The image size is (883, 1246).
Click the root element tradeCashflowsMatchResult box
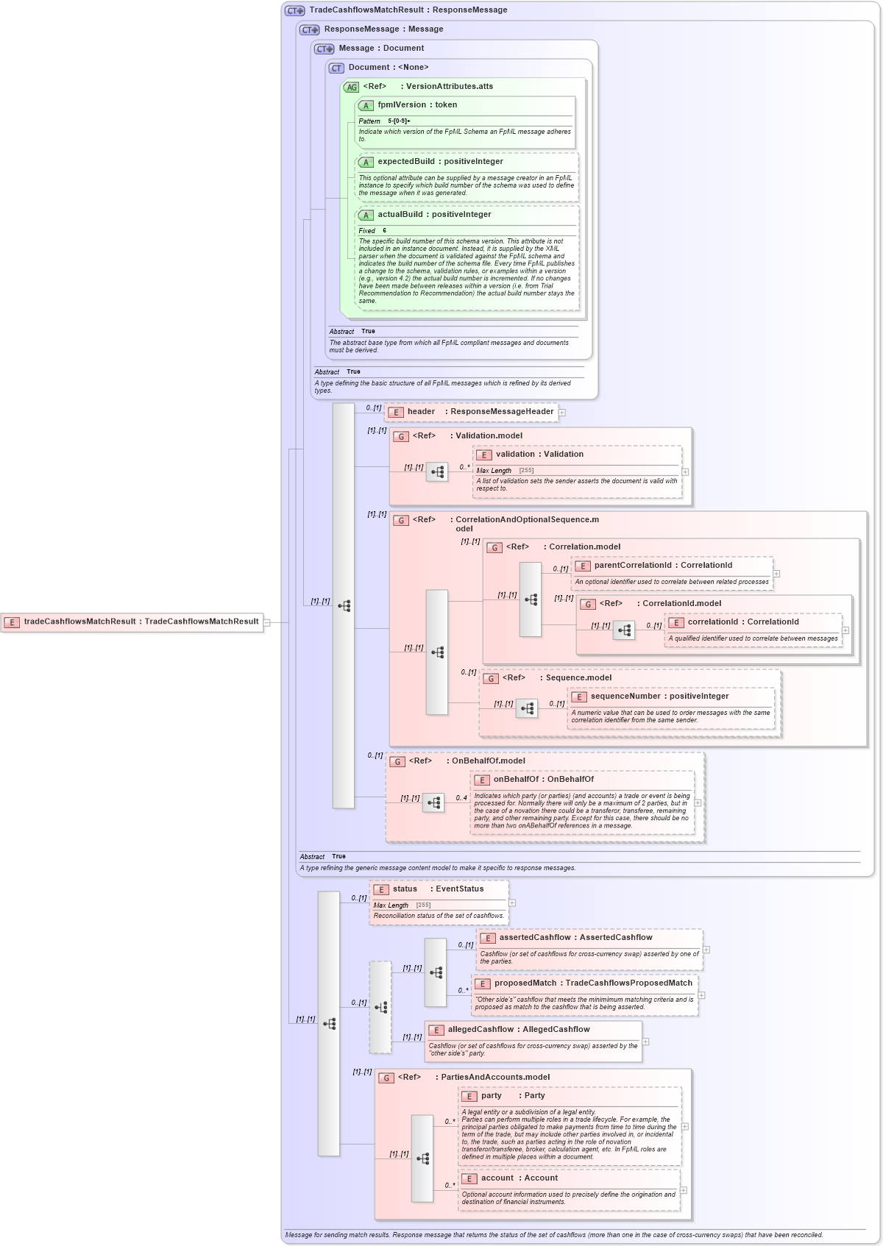132,622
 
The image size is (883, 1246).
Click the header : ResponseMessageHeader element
472,412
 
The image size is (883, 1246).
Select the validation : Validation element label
539,455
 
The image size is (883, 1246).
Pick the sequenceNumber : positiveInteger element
659,697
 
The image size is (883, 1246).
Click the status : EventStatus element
438,889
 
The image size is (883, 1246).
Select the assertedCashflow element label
575,938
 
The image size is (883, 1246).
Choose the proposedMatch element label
593,983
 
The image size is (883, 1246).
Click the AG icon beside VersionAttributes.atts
351,88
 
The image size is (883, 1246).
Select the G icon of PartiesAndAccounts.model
386,1078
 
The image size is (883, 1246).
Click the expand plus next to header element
562,413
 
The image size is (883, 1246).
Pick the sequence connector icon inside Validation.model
437,472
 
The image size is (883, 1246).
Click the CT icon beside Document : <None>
336,68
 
